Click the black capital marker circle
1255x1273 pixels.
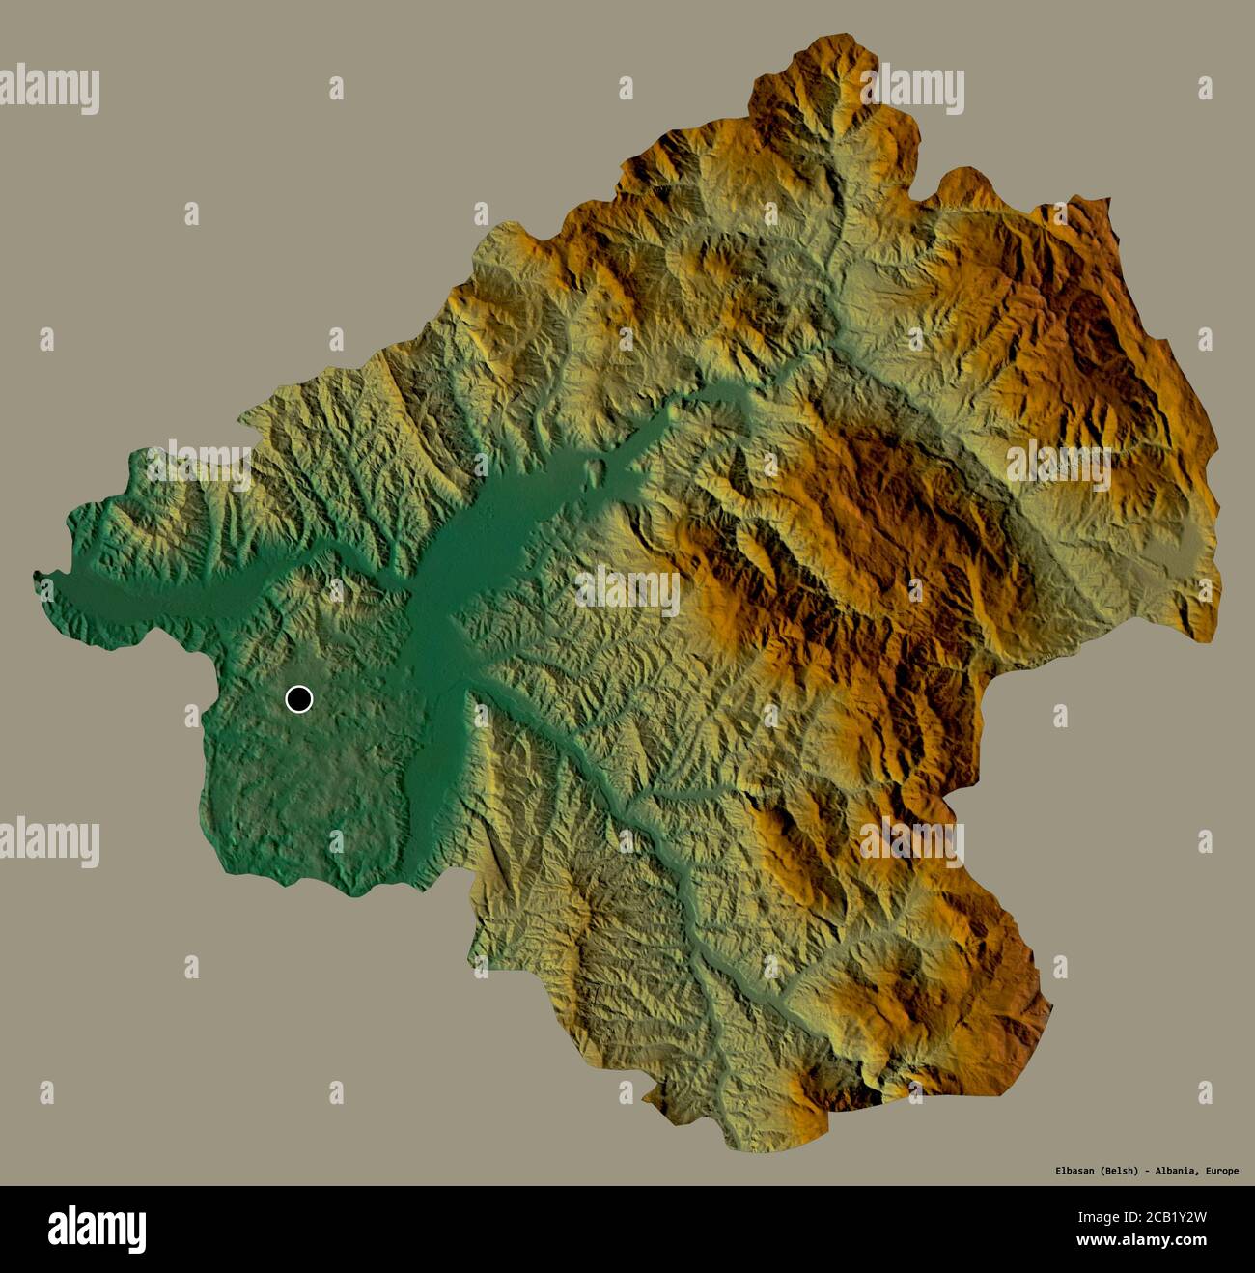point(299,698)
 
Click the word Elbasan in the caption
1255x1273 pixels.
point(1075,1172)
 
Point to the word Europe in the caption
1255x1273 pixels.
point(1220,1172)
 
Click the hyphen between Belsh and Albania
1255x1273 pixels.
point(1148,1172)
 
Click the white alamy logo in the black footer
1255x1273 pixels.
point(98,1229)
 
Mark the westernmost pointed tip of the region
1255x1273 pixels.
point(36,577)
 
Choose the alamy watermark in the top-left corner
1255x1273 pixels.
point(49,90)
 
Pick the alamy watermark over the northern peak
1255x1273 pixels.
point(912,90)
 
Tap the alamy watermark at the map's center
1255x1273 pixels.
point(627,591)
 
